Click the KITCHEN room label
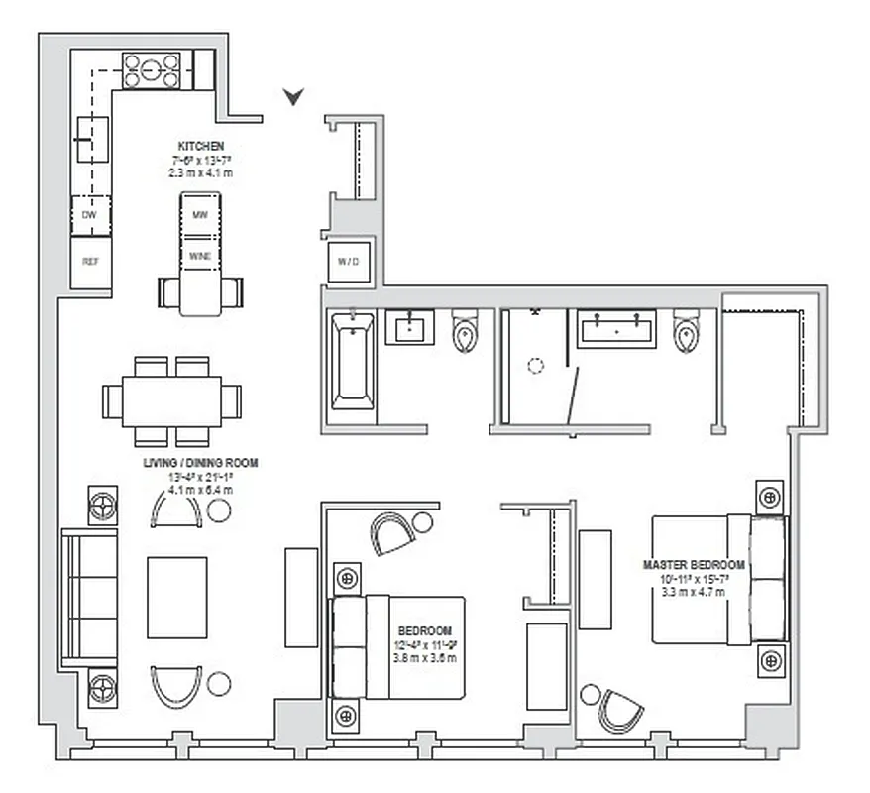(x=201, y=146)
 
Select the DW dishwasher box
(x=90, y=214)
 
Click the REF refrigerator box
(x=90, y=263)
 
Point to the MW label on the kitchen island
(x=200, y=214)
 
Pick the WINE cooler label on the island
(x=200, y=255)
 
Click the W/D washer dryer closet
(x=351, y=263)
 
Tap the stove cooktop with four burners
(x=152, y=70)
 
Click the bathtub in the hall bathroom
(x=352, y=361)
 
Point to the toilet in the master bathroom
(x=686, y=334)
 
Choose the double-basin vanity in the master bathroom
(x=617, y=329)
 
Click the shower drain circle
(x=535, y=365)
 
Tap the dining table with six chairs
(x=171, y=401)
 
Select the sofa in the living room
(x=89, y=598)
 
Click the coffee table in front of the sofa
(x=177, y=598)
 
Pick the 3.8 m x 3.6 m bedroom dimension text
(x=425, y=658)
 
